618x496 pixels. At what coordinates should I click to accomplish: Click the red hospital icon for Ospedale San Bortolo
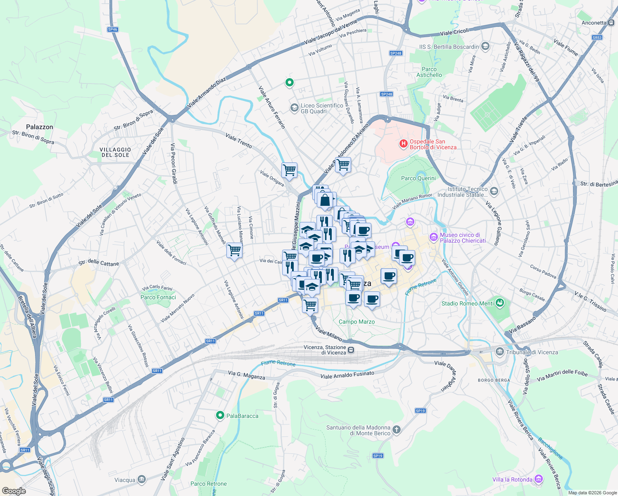coord(403,144)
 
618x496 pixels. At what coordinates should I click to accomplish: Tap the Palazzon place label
coord(40,127)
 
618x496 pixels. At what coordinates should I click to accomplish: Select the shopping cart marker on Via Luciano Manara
coord(234,250)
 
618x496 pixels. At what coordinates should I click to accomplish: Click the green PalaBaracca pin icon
coord(220,415)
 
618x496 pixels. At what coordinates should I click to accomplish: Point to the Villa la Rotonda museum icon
coord(539,479)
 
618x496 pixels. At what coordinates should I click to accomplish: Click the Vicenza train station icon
coord(351,350)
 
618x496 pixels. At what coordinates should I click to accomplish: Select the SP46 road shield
coord(112,29)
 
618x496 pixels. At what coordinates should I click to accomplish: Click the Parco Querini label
coord(418,178)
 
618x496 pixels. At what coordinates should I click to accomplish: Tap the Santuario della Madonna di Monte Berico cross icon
coord(397,430)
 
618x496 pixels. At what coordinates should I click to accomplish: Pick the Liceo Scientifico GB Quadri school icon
coord(294,108)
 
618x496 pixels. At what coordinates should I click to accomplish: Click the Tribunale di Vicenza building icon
coord(500,352)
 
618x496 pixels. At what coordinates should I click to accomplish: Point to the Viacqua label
coord(125,480)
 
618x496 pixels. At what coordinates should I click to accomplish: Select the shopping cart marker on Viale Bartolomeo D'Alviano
coord(343,165)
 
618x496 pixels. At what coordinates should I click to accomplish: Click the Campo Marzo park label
coord(357,322)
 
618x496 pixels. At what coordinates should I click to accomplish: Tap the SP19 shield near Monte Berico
coord(420,410)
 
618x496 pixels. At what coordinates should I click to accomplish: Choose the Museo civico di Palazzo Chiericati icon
coord(433,237)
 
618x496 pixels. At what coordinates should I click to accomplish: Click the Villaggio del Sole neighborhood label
coord(115,152)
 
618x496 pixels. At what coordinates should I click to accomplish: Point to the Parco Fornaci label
coord(158,297)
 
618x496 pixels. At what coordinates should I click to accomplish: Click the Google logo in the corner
coord(14,491)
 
